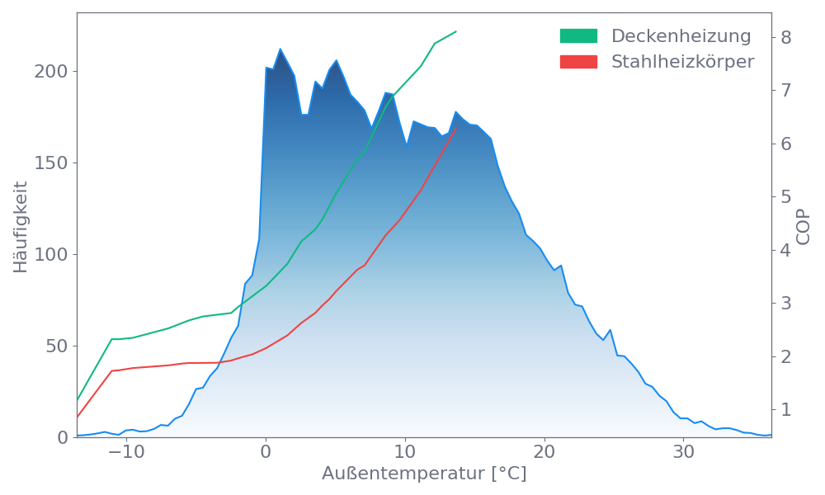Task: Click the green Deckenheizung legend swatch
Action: click(578, 36)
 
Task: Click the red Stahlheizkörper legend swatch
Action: click(578, 62)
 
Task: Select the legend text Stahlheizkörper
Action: click(682, 62)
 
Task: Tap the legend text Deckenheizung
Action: click(681, 36)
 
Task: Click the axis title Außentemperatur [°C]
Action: click(423, 474)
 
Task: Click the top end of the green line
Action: click(456, 31)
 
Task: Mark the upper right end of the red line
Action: click(456, 128)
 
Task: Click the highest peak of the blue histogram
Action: click(280, 49)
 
